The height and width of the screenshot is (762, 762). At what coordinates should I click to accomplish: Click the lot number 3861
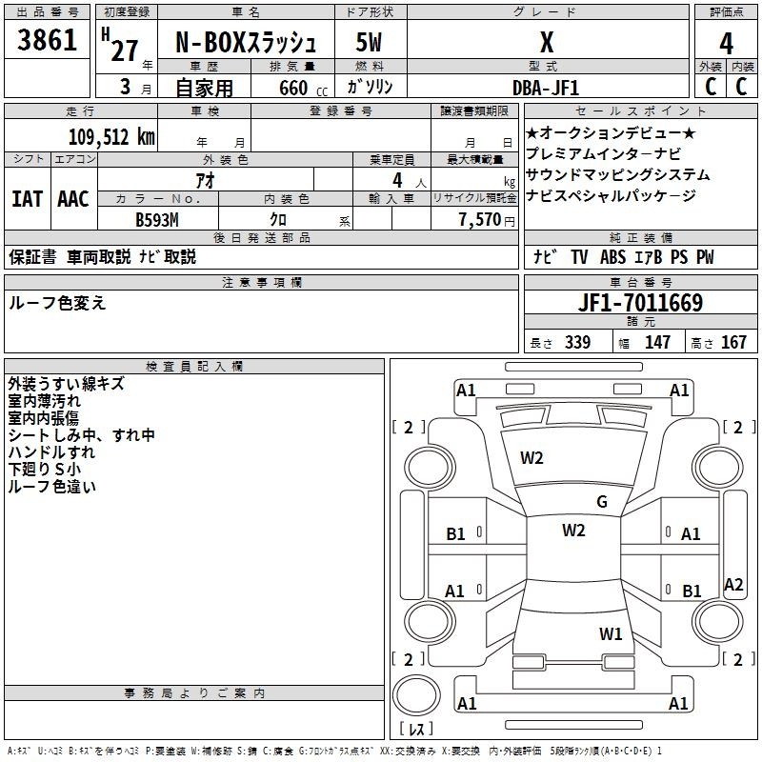47,39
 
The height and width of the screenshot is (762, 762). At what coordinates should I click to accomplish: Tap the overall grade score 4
726,44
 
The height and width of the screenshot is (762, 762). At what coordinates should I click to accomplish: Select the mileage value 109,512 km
111,137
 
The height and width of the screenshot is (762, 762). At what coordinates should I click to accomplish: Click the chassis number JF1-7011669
640,303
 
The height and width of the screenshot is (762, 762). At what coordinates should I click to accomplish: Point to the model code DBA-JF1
545,88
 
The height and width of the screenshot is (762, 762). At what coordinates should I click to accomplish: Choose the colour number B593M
157,220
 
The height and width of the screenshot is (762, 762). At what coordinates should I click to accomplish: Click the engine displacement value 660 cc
303,89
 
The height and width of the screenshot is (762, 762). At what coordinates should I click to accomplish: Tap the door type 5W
369,42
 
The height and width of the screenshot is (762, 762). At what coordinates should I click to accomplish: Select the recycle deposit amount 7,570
480,220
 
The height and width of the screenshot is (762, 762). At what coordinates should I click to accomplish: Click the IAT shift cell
28,199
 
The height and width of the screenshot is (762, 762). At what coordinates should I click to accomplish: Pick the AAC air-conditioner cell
73,199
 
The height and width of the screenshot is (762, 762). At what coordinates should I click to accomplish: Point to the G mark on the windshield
602,502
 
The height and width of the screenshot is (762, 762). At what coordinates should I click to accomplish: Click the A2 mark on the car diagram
733,584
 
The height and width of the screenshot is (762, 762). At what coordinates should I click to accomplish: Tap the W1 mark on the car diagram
611,633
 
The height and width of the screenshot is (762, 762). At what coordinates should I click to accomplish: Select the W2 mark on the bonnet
531,458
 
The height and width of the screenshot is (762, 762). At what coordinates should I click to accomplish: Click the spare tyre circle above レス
416,695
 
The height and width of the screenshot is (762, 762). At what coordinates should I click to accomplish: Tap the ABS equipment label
612,257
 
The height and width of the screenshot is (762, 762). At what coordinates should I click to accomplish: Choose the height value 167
733,342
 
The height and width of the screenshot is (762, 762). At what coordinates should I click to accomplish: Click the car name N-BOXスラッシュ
246,42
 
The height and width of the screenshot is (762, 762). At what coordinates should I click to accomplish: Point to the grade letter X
547,42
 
